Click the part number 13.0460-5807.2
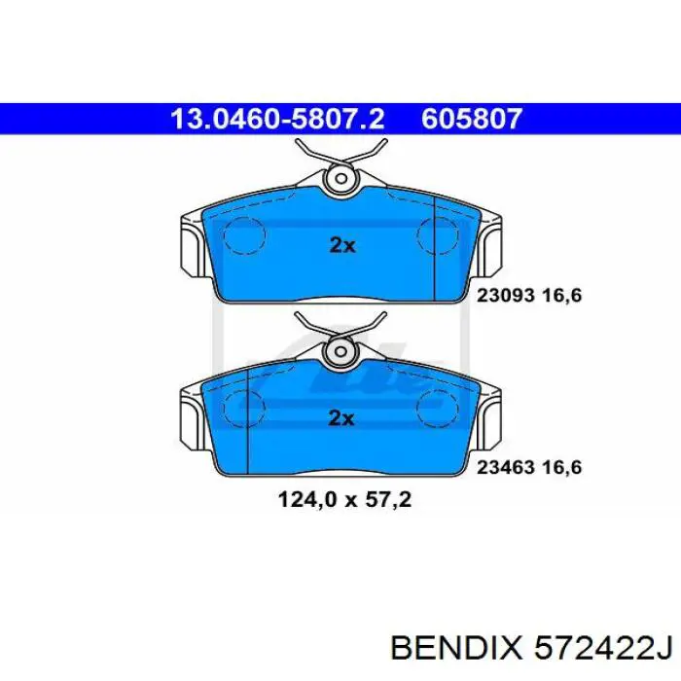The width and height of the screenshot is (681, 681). tap(277, 120)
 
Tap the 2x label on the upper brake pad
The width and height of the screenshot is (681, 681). tap(341, 246)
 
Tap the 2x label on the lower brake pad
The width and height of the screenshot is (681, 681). tap(341, 418)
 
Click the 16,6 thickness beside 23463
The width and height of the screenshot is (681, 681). tap(562, 467)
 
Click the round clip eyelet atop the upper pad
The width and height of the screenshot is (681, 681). tap(341, 179)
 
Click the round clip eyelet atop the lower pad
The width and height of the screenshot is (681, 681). tap(341, 351)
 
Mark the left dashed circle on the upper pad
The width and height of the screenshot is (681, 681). tap(245, 235)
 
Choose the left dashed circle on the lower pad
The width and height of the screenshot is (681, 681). tap(245, 408)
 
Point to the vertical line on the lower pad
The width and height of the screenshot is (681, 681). tap(250, 418)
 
